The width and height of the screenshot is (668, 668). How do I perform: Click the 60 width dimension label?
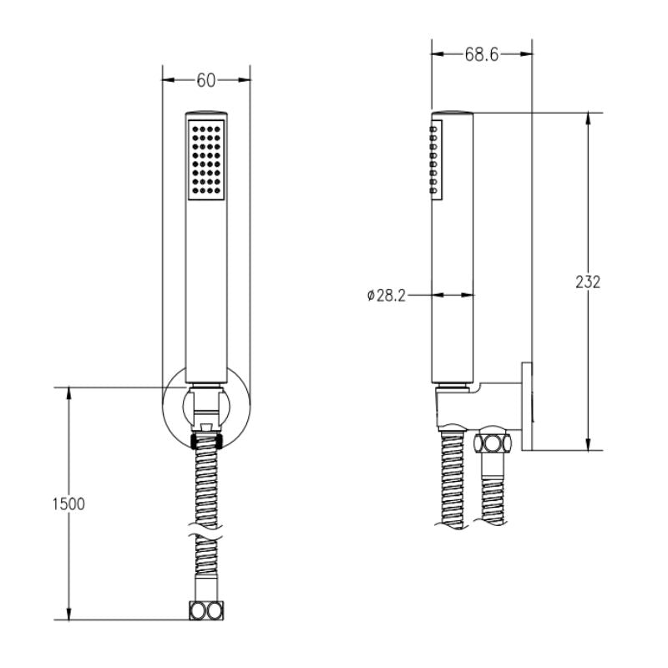pos(206,80)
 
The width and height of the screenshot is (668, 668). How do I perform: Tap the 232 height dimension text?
pos(588,281)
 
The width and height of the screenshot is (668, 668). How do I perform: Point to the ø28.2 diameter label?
pos(386,296)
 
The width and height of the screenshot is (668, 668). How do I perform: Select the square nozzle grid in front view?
pos(206,159)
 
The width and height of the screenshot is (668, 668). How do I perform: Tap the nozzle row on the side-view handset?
pos(435,159)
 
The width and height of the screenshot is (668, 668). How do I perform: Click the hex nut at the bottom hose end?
pos(206,610)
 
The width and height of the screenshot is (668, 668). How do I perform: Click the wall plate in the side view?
pos(527,406)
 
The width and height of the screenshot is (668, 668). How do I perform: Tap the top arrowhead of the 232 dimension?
pos(588,118)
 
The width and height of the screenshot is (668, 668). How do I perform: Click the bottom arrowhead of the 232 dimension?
pos(588,444)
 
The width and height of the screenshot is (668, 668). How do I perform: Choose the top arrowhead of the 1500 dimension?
pos(68,392)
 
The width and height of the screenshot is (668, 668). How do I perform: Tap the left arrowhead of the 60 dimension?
pos(166,80)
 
